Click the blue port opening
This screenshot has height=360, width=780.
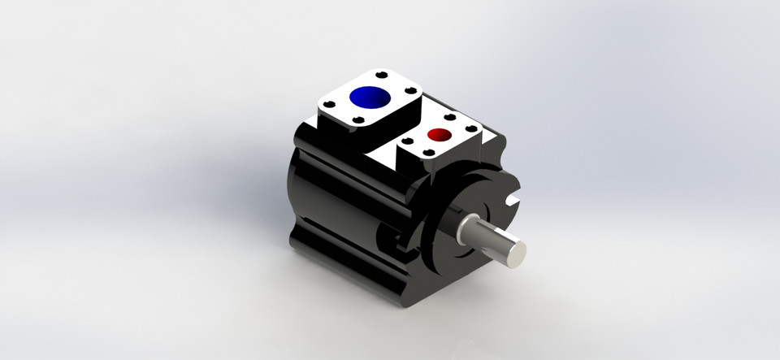click(x=370, y=97)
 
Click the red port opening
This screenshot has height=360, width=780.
click(x=440, y=134)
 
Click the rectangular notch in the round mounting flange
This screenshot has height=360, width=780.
click(x=511, y=197)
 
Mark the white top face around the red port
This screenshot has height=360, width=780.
click(x=455, y=142)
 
